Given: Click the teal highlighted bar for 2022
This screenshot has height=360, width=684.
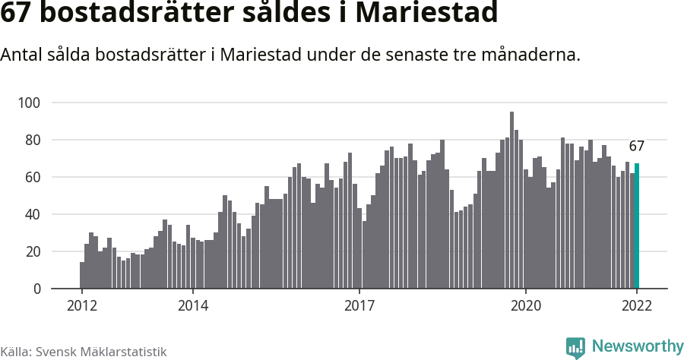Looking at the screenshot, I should [x=637, y=226].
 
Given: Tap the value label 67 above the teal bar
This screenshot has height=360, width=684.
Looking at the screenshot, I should [x=636, y=147].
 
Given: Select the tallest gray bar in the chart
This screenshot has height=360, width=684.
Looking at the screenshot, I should [x=511, y=201].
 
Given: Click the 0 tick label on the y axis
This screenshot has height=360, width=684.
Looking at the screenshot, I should [x=36, y=289].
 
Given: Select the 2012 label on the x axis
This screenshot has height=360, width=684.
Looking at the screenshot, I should [x=81, y=305].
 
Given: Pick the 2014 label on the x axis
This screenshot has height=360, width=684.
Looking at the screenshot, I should [x=192, y=305].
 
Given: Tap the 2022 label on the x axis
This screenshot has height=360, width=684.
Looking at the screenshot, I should [x=637, y=305].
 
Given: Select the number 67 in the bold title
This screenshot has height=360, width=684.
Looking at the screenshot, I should [x=17, y=14].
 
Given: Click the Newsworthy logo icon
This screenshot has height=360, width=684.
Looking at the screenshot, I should [x=575, y=347].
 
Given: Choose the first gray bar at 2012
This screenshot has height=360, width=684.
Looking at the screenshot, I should [x=82, y=276].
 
